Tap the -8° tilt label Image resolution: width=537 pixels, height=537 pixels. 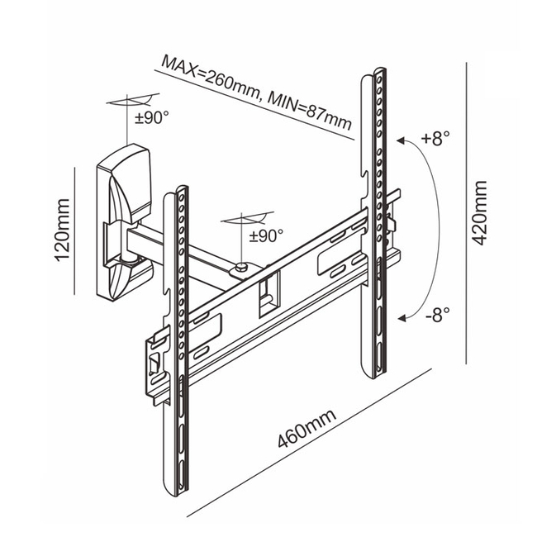click(435, 316)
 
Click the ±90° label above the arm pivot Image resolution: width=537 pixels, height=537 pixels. click(266, 236)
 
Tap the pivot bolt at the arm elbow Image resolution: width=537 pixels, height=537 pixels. click(240, 266)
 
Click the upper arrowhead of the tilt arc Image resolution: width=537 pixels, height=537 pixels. click(402, 141)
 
